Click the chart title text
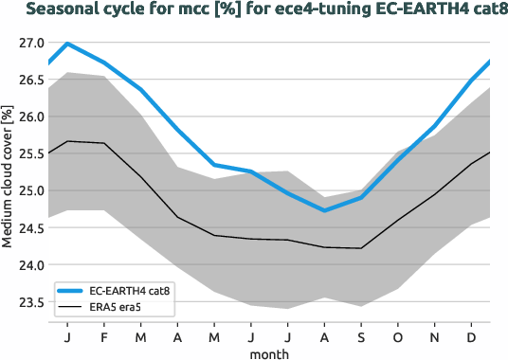254,11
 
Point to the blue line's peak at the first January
67,44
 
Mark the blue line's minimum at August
324,210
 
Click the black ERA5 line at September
360,248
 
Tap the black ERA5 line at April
178,217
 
